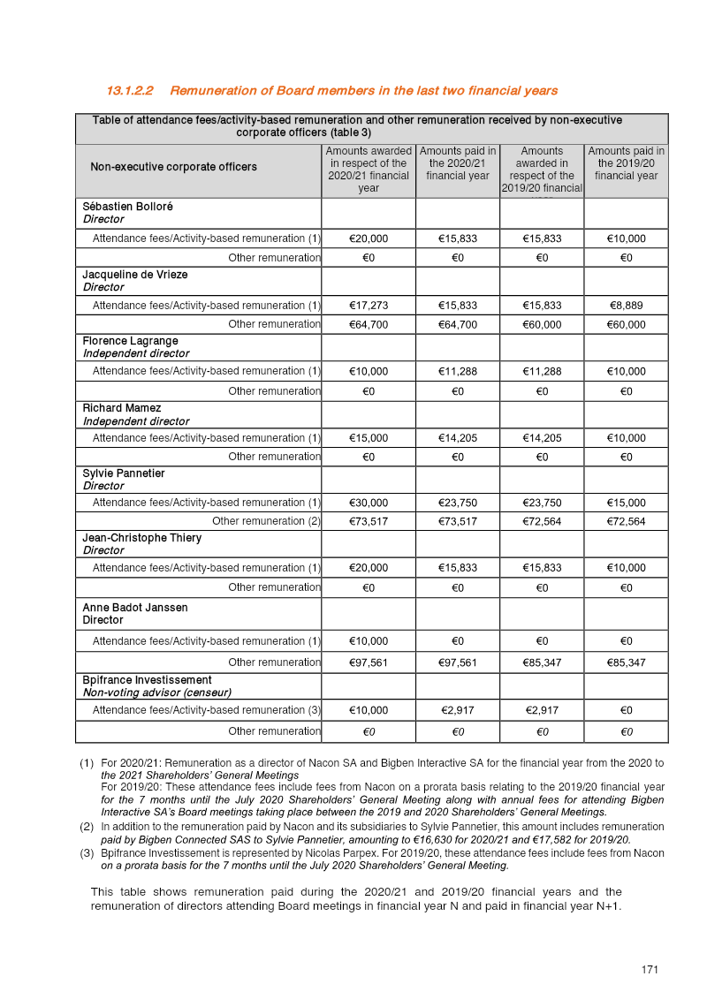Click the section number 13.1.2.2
click(x=130, y=91)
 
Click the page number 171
click(x=650, y=970)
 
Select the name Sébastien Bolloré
click(x=127, y=207)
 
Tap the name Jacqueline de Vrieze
click(x=134, y=275)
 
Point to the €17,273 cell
click(x=369, y=306)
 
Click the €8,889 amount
click(x=626, y=306)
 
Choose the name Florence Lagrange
click(x=130, y=341)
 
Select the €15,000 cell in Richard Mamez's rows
click(x=369, y=438)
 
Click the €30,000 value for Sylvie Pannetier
click(x=369, y=503)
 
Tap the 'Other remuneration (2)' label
click(x=266, y=521)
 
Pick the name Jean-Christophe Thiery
click(x=141, y=538)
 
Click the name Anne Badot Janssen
click(x=134, y=608)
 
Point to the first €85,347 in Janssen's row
click(x=542, y=662)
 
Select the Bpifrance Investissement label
click(x=147, y=680)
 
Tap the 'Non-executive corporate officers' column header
click(x=173, y=167)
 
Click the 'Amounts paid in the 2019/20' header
click(x=626, y=163)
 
